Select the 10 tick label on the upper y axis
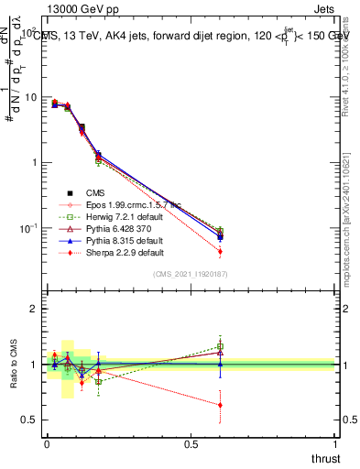tap(30, 98)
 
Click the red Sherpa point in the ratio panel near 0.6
tap(220, 405)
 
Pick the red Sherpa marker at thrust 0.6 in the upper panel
tap(220, 251)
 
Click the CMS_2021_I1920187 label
tap(191, 274)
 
